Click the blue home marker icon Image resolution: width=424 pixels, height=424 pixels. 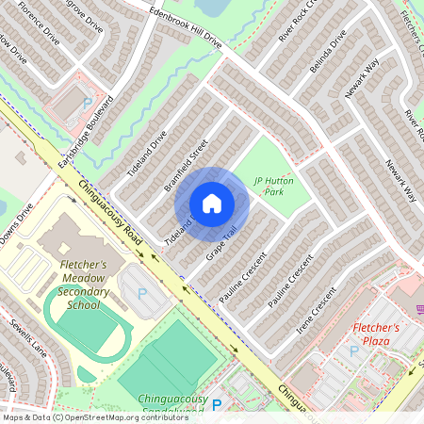click(x=212, y=204)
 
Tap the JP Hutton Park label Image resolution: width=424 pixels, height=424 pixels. click(x=273, y=185)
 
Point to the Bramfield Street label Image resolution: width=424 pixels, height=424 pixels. click(x=186, y=166)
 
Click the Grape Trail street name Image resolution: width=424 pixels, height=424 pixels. click(x=220, y=244)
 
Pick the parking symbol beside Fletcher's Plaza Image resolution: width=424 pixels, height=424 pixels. click(x=354, y=351)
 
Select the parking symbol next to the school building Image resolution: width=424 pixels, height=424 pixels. click(x=142, y=293)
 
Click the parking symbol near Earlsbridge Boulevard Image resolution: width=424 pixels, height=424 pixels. click(x=89, y=103)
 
